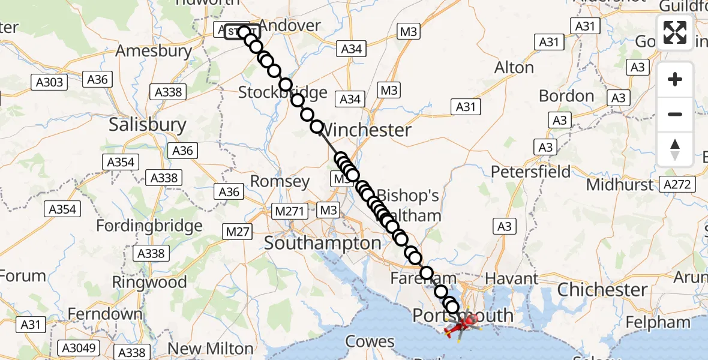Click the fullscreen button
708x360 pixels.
click(675, 32)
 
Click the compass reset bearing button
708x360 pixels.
click(675, 149)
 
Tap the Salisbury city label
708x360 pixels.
click(148, 125)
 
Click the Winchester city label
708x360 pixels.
click(367, 130)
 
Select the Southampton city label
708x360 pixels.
click(323, 243)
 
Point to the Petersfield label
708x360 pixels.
click(531, 172)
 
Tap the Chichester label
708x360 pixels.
click(602, 290)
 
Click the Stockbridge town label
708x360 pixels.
click(283, 92)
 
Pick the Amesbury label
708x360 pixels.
click(153, 51)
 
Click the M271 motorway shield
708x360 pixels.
click(291, 211)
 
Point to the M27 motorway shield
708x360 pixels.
click(238, 231)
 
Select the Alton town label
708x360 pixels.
click(514, 68)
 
